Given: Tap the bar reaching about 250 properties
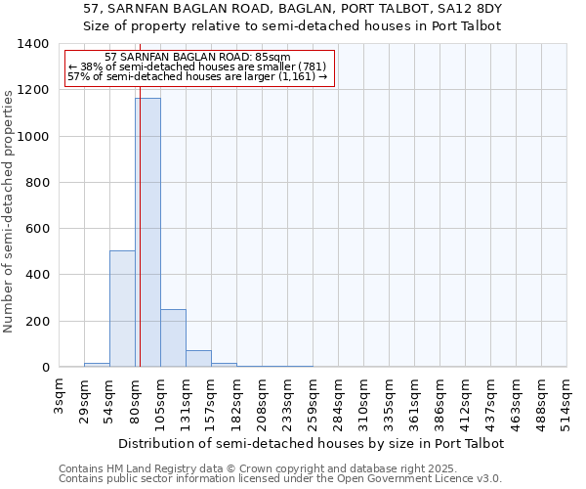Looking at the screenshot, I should pos(173,338).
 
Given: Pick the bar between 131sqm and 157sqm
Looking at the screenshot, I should pos(198,359).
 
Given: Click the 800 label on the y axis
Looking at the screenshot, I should pos(37,183).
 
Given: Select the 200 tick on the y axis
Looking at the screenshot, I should pos(37,322).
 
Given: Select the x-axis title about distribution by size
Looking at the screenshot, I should pos(312,443).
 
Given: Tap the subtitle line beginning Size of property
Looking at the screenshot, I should pos(292,26).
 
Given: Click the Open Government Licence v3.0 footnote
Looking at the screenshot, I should pos(280,479).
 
